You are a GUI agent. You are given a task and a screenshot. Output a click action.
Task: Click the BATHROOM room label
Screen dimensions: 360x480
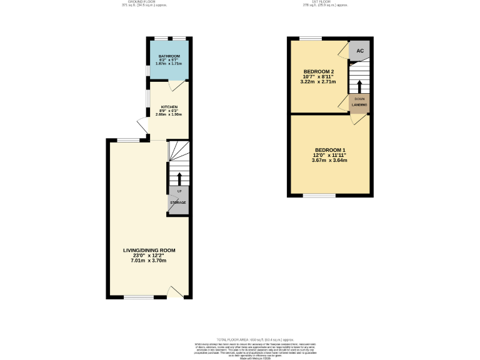[x=169, y=56]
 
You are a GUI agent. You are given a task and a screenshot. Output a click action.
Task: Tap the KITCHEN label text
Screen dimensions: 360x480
[x=169, y=107]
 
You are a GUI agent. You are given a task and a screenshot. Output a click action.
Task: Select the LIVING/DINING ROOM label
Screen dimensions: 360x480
[x=149, y=250]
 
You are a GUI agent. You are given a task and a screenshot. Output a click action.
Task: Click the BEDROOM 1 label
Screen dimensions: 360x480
[x=329, y=150]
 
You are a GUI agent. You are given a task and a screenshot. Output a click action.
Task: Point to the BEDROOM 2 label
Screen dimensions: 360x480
[x=318, y=71]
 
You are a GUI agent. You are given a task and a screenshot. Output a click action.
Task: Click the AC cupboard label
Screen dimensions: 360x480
[x=360, y=51]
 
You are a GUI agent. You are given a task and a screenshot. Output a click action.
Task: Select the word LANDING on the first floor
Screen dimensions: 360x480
[x=359, y=105]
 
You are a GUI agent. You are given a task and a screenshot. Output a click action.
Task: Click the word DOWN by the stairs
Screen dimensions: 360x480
[x=359, y=99]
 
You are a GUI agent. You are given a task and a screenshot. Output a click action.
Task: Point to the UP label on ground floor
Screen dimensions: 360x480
[x=179, y=191]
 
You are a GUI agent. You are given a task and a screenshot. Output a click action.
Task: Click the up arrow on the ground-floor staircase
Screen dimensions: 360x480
[x=179, y=178]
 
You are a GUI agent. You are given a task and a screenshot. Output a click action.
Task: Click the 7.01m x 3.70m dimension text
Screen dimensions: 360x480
[x=149, y=260]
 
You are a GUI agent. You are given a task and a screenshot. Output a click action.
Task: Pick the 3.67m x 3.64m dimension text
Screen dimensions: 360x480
[x=329, y=160]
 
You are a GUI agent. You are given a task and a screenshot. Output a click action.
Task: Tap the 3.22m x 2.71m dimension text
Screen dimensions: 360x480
[x=318, y=82]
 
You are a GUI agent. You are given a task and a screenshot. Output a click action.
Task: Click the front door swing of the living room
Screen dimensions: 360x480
[x=176, y=290]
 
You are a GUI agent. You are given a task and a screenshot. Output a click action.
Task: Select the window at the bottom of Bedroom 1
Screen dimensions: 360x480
[x=319, y=196]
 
